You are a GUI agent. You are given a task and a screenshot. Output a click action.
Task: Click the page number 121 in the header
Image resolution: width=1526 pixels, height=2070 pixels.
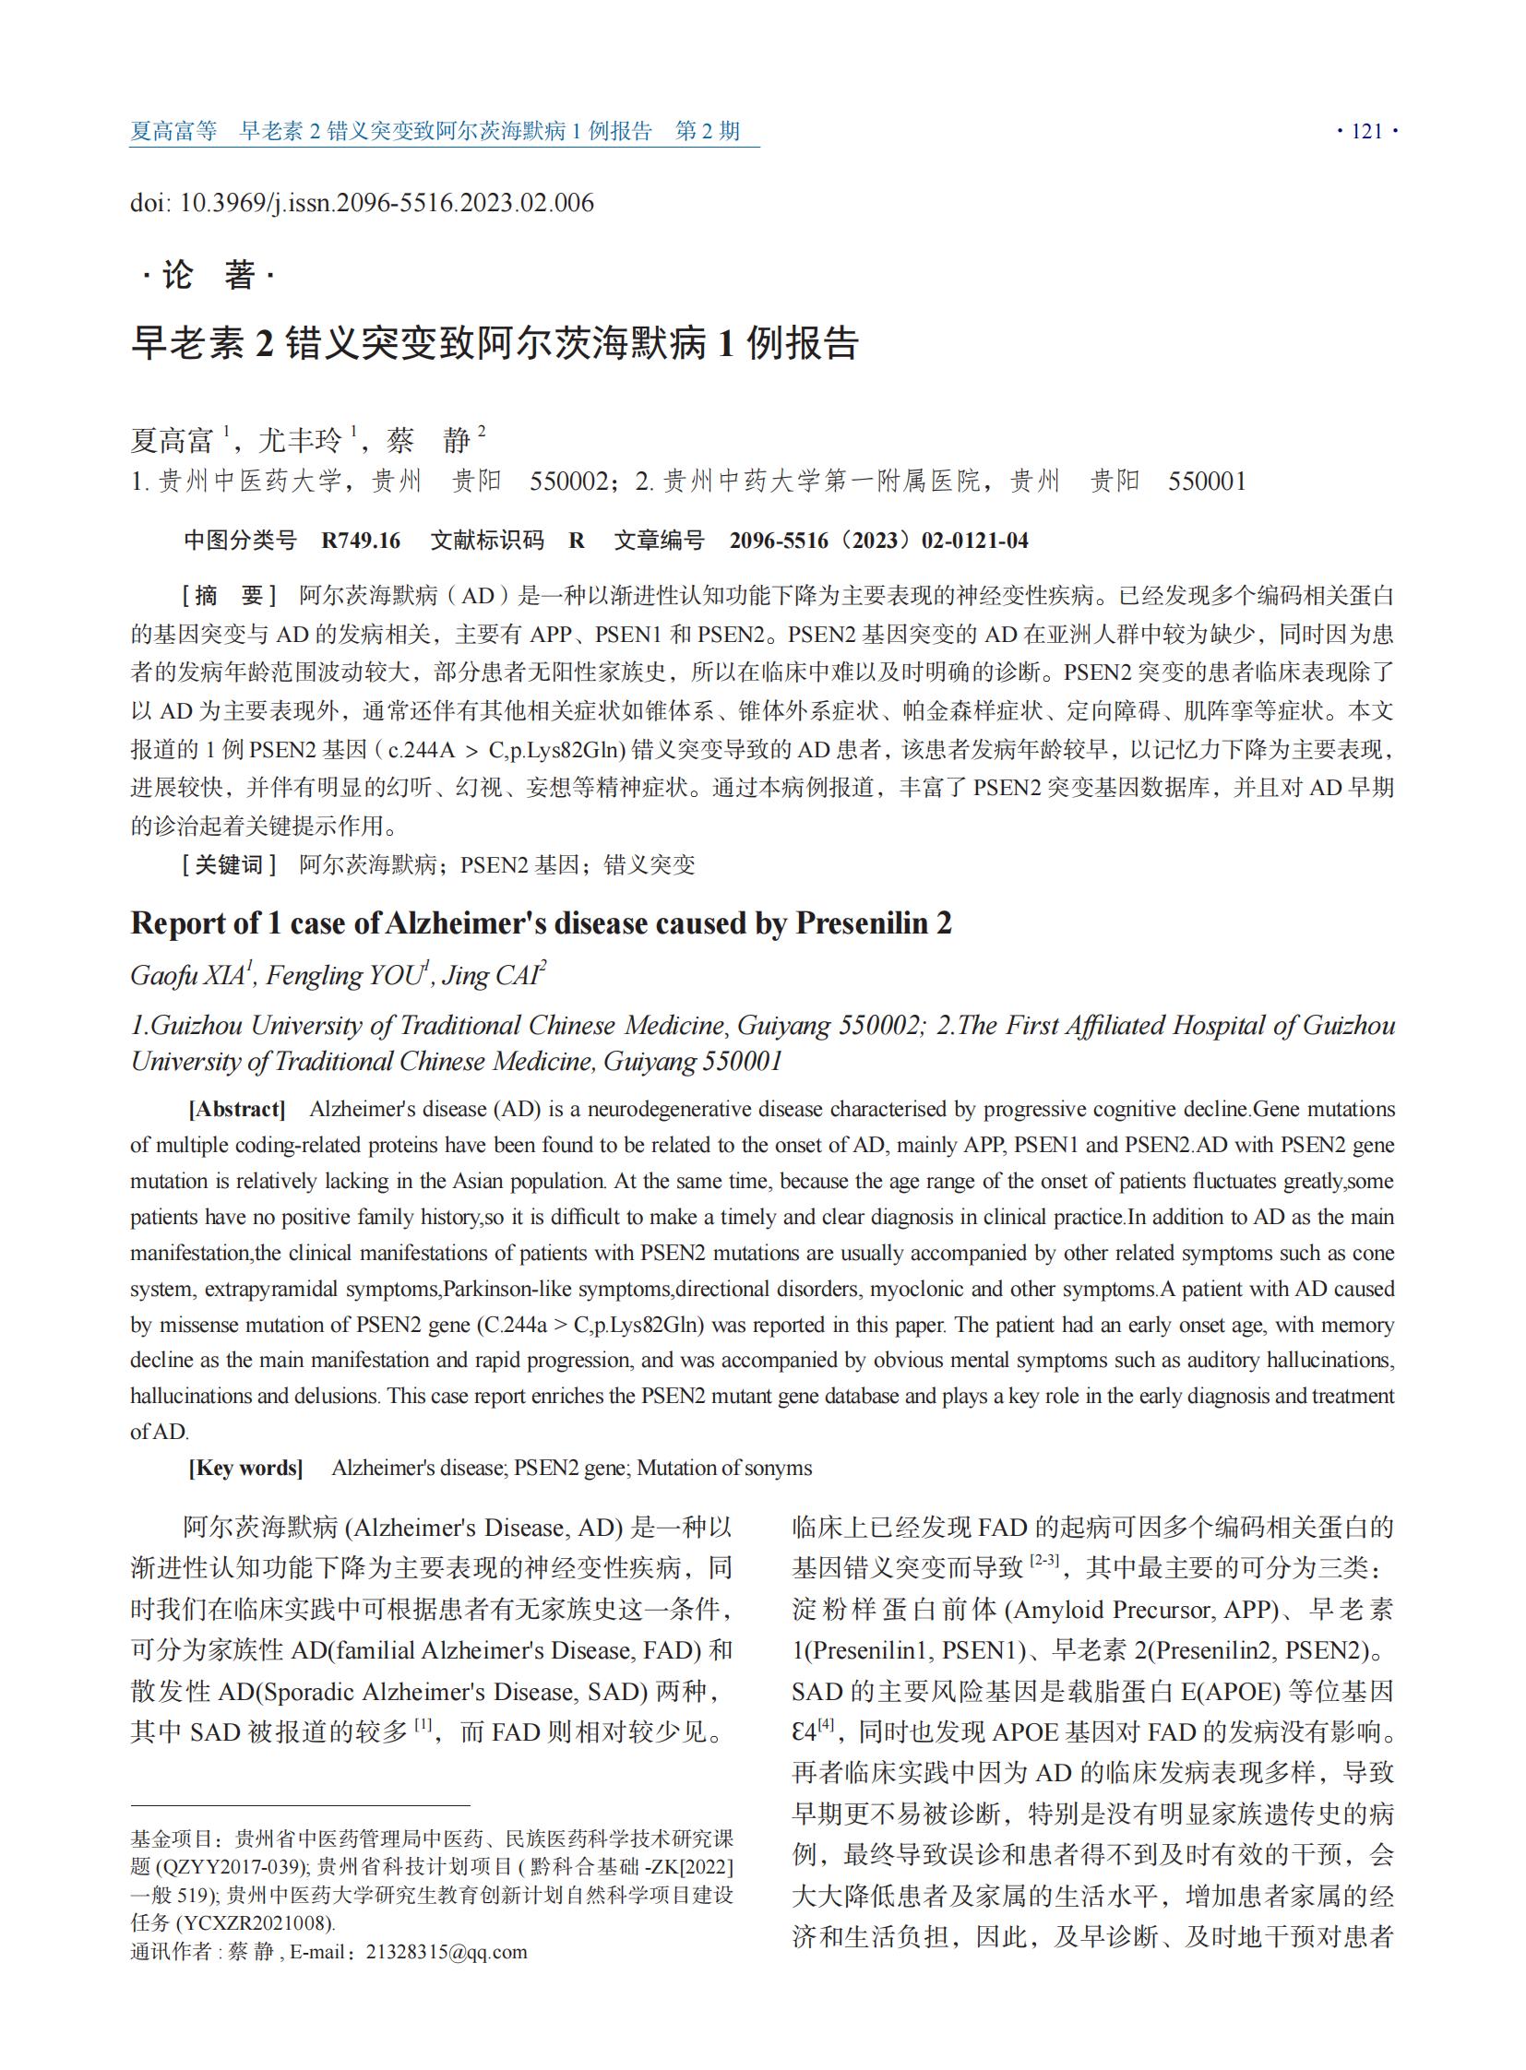[1366, 131]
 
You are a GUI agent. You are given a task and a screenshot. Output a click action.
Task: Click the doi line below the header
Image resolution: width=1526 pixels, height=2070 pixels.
[361, 203]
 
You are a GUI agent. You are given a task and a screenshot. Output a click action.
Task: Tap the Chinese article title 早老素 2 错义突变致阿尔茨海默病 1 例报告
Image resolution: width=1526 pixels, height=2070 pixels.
[495, 342]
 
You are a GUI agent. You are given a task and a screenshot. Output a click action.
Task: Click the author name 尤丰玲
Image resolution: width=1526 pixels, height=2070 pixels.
[299, 440]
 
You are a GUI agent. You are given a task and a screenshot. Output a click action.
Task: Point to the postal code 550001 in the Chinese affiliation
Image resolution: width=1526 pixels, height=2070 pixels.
[1207, 482]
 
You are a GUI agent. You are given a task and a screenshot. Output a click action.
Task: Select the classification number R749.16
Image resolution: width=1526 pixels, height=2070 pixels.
[360, 541]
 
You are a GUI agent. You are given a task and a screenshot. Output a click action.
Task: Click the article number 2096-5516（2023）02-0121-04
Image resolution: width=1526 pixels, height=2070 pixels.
[877, 541]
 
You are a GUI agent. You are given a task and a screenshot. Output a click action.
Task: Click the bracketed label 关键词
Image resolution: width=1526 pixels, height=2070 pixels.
[230, 864]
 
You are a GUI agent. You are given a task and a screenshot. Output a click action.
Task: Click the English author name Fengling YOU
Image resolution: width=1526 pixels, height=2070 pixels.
[344, 975]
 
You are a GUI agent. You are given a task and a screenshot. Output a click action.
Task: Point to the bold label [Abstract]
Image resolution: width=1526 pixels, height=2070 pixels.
[236, 1109]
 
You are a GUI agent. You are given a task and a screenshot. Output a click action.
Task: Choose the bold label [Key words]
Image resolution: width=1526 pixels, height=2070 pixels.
[245, 1468]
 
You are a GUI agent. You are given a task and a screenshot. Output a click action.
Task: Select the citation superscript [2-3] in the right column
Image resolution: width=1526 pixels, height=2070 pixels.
[1043, 1560]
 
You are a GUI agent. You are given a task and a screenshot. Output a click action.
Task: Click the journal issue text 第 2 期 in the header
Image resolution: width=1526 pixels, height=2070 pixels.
[708, 131]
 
